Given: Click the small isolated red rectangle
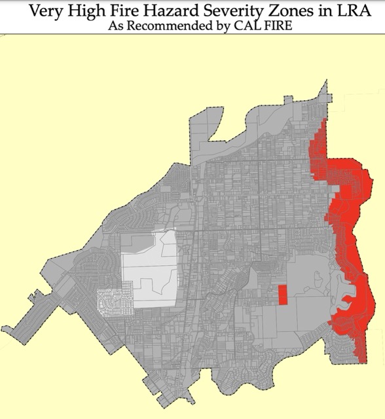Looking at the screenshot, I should [x=282, y=295].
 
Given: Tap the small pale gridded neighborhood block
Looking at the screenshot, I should [x=112, y=301].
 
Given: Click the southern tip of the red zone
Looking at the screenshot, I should [x=363, y=361].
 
